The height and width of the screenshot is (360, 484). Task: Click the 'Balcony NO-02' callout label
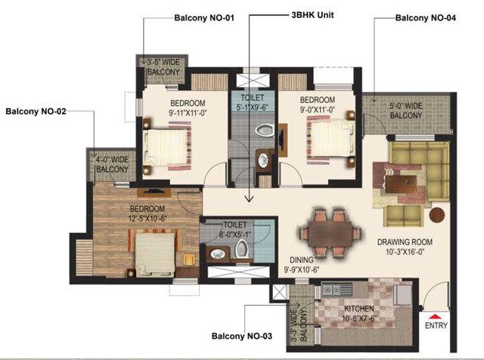pyautogui.click(x=36, y=111)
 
